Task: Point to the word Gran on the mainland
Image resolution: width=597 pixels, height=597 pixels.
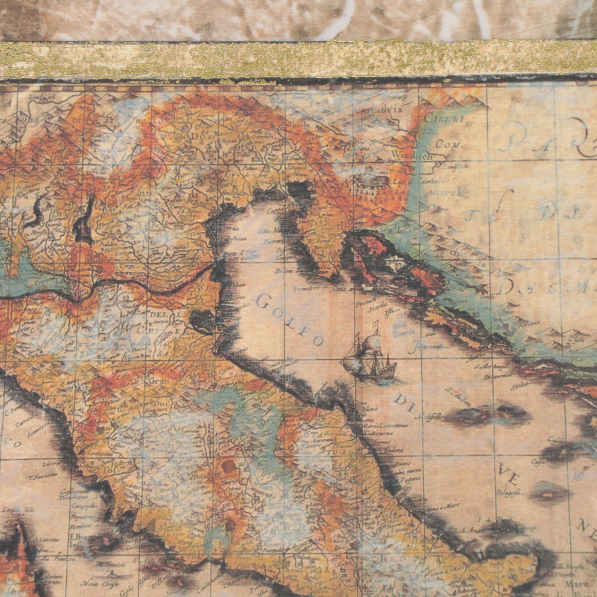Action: point(159,381)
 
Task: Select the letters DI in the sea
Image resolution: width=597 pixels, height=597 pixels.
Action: point(403,403)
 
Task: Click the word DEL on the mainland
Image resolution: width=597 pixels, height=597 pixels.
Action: point(159,314)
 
